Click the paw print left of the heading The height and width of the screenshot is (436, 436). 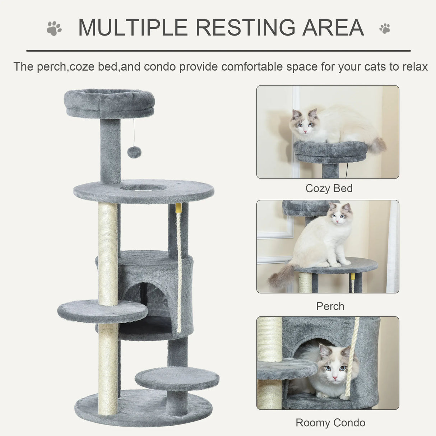coord(54,28)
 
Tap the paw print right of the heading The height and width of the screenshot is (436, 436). coord(385,28)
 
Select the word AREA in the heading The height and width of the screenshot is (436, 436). coord(333,28)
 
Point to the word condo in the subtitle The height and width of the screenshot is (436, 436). coord(160,67)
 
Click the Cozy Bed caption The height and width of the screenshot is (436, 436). coord(329,188)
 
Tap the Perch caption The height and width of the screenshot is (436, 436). coord(330,306)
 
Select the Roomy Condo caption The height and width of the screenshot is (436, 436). coord(330,423)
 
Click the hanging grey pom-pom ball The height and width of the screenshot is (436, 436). coord(134,152)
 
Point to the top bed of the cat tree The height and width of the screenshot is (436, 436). coord(109,102)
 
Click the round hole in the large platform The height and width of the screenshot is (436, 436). coord(143,187)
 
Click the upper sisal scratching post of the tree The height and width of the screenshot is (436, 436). coord(108,253)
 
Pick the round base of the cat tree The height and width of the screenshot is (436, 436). coord(144,409)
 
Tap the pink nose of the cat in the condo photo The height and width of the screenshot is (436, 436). coord(334,378)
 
